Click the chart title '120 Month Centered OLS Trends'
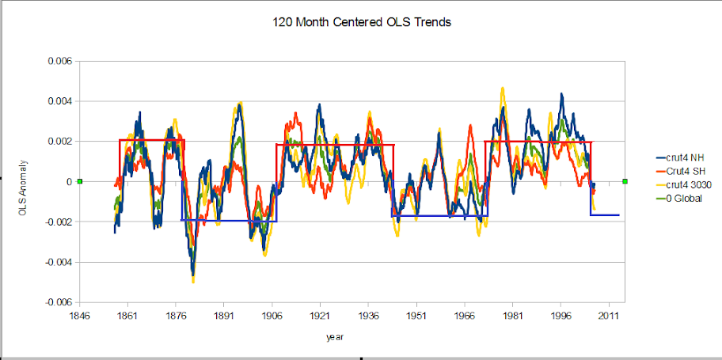point(361,22)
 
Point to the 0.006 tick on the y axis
point(60,61)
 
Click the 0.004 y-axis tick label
point(60,101)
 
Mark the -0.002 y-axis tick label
point(59,222)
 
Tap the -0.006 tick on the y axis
point(59,302)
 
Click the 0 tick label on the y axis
point(69,182)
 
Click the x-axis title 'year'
point(335,337)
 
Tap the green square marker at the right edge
point(625,182)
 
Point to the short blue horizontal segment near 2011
point(606,215)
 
